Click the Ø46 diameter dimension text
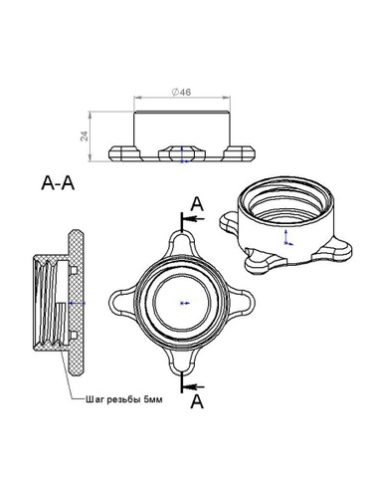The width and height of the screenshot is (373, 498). [x=181, y=92]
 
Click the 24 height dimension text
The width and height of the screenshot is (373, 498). [x=86, y=136]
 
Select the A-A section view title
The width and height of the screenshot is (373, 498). [x=58, y=183]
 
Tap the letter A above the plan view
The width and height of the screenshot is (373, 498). [x=197, y=204]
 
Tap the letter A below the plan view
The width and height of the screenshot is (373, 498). [x=197, y=401]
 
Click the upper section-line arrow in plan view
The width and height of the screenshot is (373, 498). [x=194, y=219]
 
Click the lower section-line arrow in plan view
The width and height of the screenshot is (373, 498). [x=194, y=386]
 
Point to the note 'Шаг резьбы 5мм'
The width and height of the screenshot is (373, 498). [x=124, y=399]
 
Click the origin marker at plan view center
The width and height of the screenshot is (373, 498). [x=185, y=303]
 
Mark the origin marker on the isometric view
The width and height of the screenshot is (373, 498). [x=286, y=238]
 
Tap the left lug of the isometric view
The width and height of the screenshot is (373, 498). [x=228, y=222]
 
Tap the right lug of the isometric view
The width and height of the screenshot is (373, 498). [x=332, y=252]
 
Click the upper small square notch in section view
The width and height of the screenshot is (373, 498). [x=74, y=271]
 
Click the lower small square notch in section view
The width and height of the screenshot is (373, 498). [x=74, y=336]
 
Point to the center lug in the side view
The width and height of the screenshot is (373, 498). [x=182, y=153]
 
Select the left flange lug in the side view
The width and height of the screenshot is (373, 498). [x=125, y=154]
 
